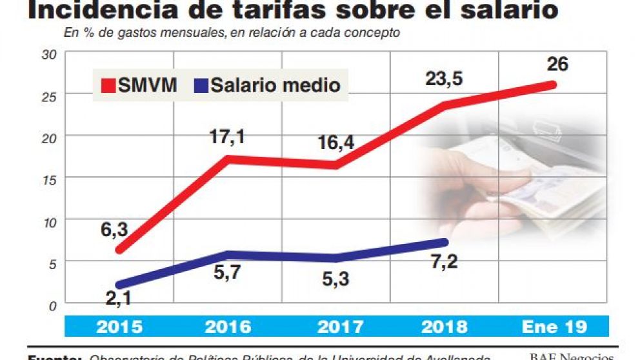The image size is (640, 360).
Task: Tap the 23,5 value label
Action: (x=446, y=80)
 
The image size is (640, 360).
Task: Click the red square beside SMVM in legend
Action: (x=107, y=85)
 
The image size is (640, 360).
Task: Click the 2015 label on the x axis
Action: (x=120, y=326)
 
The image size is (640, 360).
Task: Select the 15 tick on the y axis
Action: (x=49, y=179)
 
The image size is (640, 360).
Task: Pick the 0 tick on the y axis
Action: (x=52, y=305)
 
